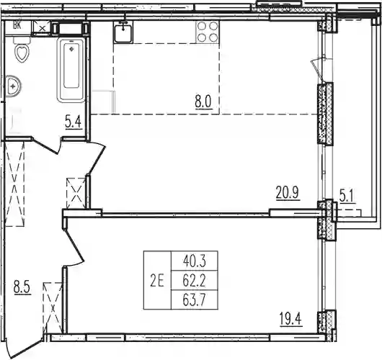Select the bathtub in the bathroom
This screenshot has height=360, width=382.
tap(71, 70)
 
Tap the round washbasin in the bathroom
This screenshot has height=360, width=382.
tap(13, 86)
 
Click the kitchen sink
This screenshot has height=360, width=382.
tap(123, 32)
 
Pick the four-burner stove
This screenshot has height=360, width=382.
tap(208, 32)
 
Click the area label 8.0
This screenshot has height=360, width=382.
tap(204, 103)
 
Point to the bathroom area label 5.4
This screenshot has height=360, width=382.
tap(73, 122)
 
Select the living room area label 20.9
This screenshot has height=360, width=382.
tap(288, 193)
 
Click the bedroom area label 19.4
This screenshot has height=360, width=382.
tap(291, 319)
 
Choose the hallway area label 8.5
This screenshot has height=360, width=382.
tap(22, 288)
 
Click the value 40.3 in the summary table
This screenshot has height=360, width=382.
tap(195, 261)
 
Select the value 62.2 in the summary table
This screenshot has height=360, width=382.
tap(195, 281)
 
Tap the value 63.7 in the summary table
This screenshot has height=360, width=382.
tap(195, 301)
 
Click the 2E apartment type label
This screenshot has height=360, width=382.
tap(157, 282)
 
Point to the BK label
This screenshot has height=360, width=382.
tap(17, 25)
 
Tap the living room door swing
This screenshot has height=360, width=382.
tap(97, 158)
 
